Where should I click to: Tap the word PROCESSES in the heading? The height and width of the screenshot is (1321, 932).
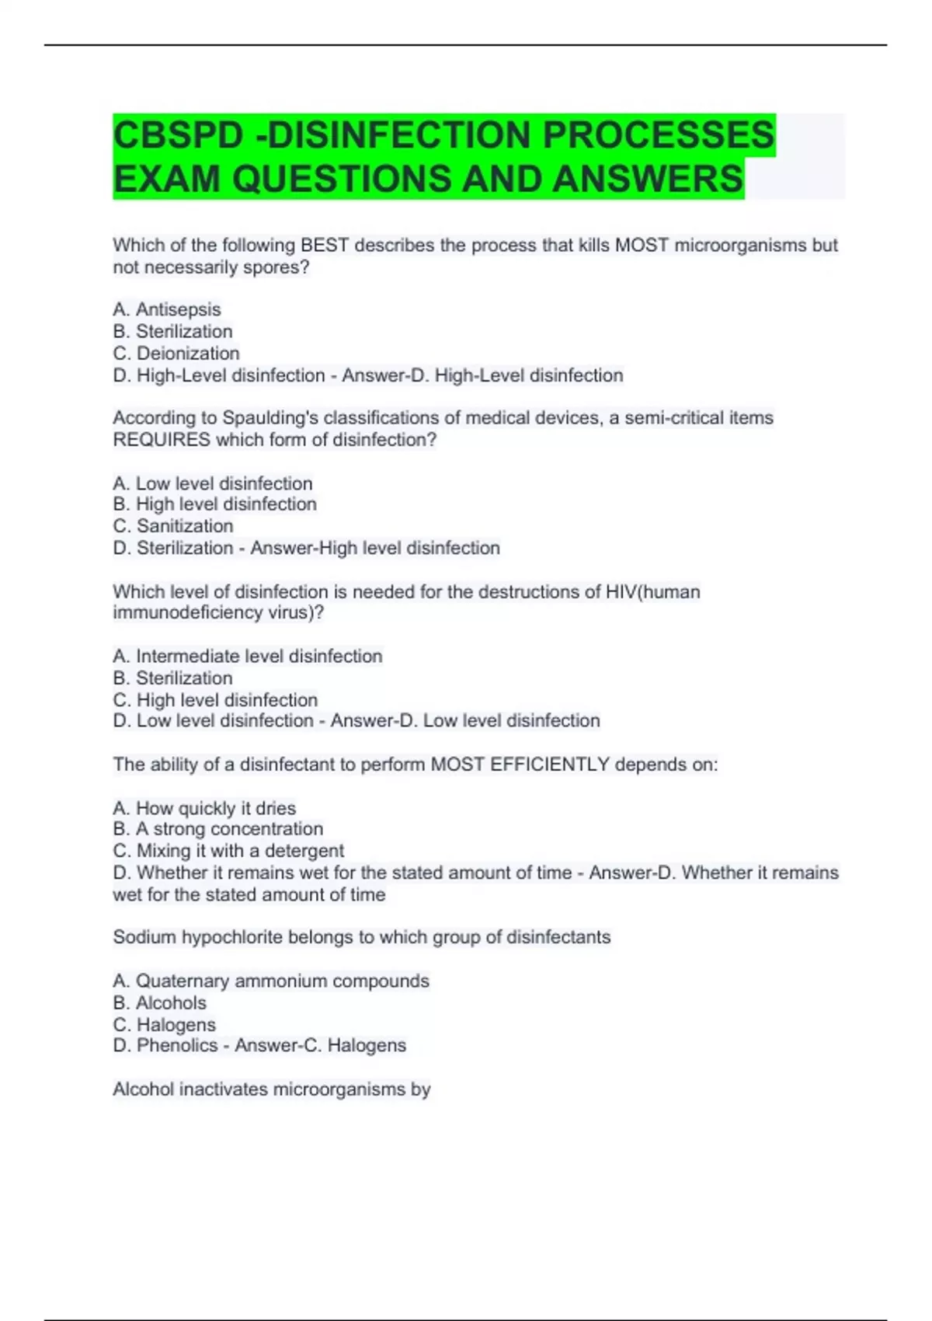[x=658, y=135]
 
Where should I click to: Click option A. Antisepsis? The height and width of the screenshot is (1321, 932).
[x=167, y=309]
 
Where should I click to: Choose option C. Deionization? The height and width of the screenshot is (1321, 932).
[x=176, y=354]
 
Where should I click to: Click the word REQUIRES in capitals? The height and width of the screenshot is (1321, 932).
[x=162, y=440]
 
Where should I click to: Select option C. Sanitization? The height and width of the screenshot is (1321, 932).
[x=173, y=526]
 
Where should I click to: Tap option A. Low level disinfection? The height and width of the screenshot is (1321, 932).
[x=213, y=483]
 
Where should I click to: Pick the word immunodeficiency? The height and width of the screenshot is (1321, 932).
[x=187, y=612]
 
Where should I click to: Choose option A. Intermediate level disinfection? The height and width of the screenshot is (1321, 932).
[x=248, y=657]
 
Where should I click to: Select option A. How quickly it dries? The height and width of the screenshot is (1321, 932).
[x=204, y=808]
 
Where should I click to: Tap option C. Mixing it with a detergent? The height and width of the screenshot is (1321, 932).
[x=228, y=851]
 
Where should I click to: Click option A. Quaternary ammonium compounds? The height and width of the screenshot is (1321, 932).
[x=271, y=981]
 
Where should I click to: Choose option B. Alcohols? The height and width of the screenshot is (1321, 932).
[x=160, y=1003]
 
